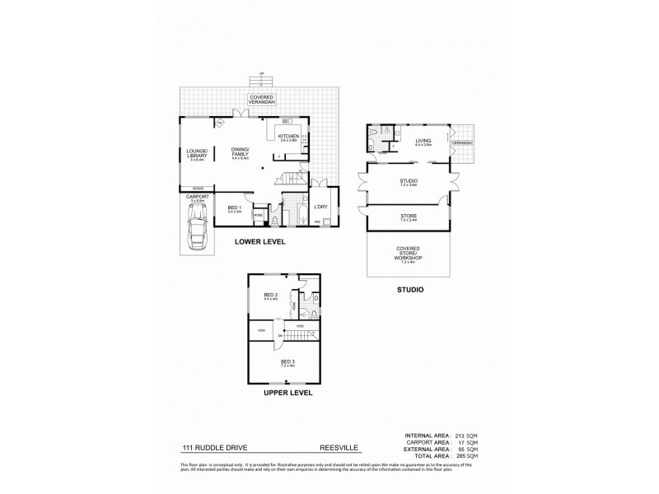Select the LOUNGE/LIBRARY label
tap(197, 153)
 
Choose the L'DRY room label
tap(320, 207)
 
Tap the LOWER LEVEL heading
tap(260, 242)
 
